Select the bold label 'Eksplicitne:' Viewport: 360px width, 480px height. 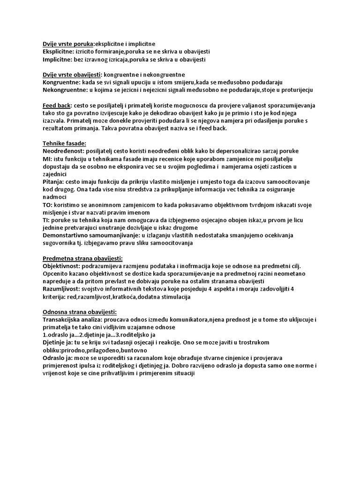58,52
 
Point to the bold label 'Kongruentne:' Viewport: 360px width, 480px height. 60,82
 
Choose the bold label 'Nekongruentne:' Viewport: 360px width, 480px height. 64,90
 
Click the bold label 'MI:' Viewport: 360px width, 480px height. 47,159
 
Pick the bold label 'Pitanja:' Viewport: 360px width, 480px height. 54,182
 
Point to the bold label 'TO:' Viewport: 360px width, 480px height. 48,205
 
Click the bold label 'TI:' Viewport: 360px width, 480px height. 47,220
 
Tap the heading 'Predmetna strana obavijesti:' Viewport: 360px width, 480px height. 82,258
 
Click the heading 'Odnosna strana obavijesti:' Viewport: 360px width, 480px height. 80,312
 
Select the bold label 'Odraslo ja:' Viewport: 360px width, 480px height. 58,358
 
